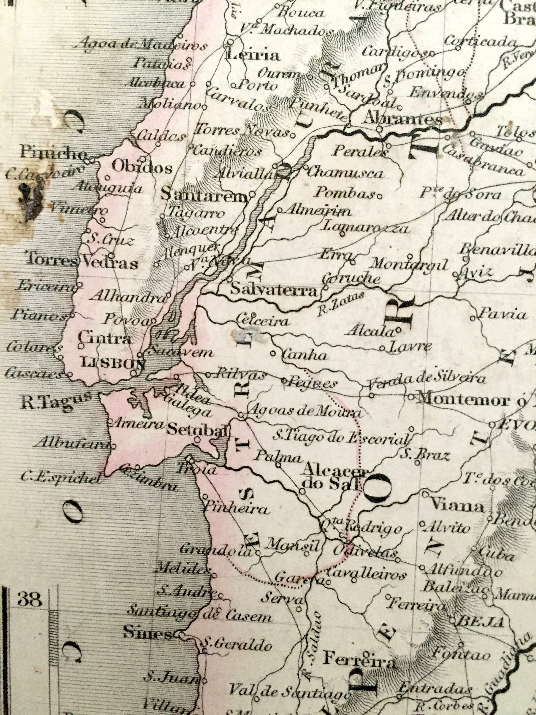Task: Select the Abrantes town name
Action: [404, 119]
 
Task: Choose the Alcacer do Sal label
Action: [333, 478]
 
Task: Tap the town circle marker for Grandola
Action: [257, 553]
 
